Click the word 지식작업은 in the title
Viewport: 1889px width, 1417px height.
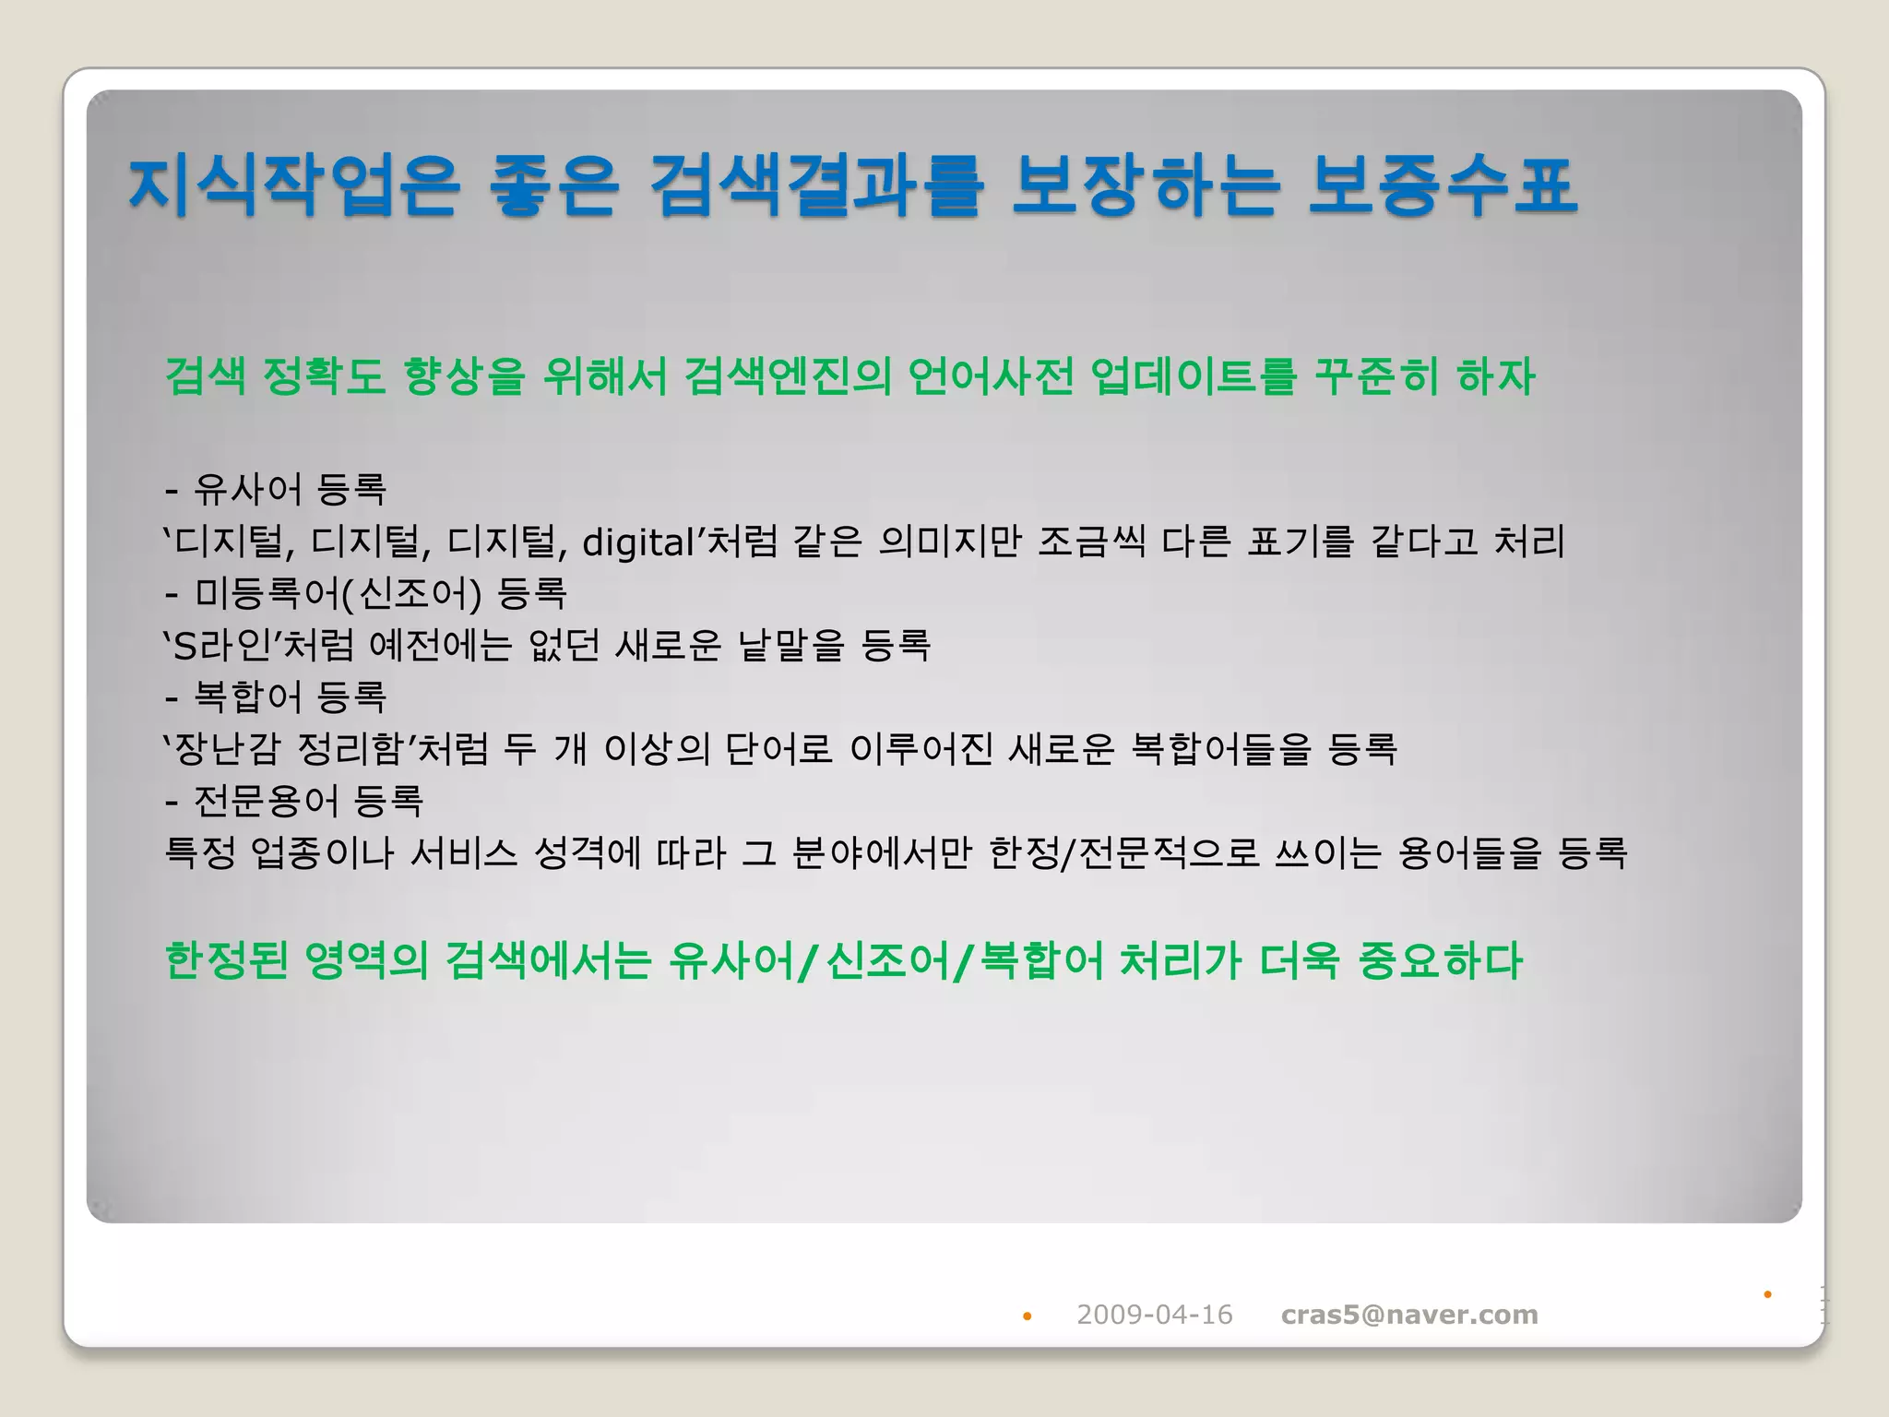click(293, 187)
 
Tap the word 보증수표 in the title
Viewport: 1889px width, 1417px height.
click(1443, 187)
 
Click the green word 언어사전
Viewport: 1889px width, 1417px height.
click(991, 376)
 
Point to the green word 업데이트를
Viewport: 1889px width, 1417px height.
click(1194, 376)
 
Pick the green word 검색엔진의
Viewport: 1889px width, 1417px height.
click(788, 376)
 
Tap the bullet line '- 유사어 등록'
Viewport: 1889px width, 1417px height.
click(276, 489)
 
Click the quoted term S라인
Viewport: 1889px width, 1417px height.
click(220, 646)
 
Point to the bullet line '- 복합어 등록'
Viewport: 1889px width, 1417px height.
click(276, 697)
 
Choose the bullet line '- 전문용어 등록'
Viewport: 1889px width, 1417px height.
click(294, 801)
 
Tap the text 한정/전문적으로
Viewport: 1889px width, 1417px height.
click(1123, 852)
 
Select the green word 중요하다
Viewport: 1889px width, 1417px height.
click(1440, 961)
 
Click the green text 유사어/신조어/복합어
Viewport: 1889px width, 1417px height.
click(886, 961)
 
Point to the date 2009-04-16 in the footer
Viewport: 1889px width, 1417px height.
click(1154, 1315)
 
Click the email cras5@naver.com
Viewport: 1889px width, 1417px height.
click(1409, 1315)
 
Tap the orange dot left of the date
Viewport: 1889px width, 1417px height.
click(1027, 1316)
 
